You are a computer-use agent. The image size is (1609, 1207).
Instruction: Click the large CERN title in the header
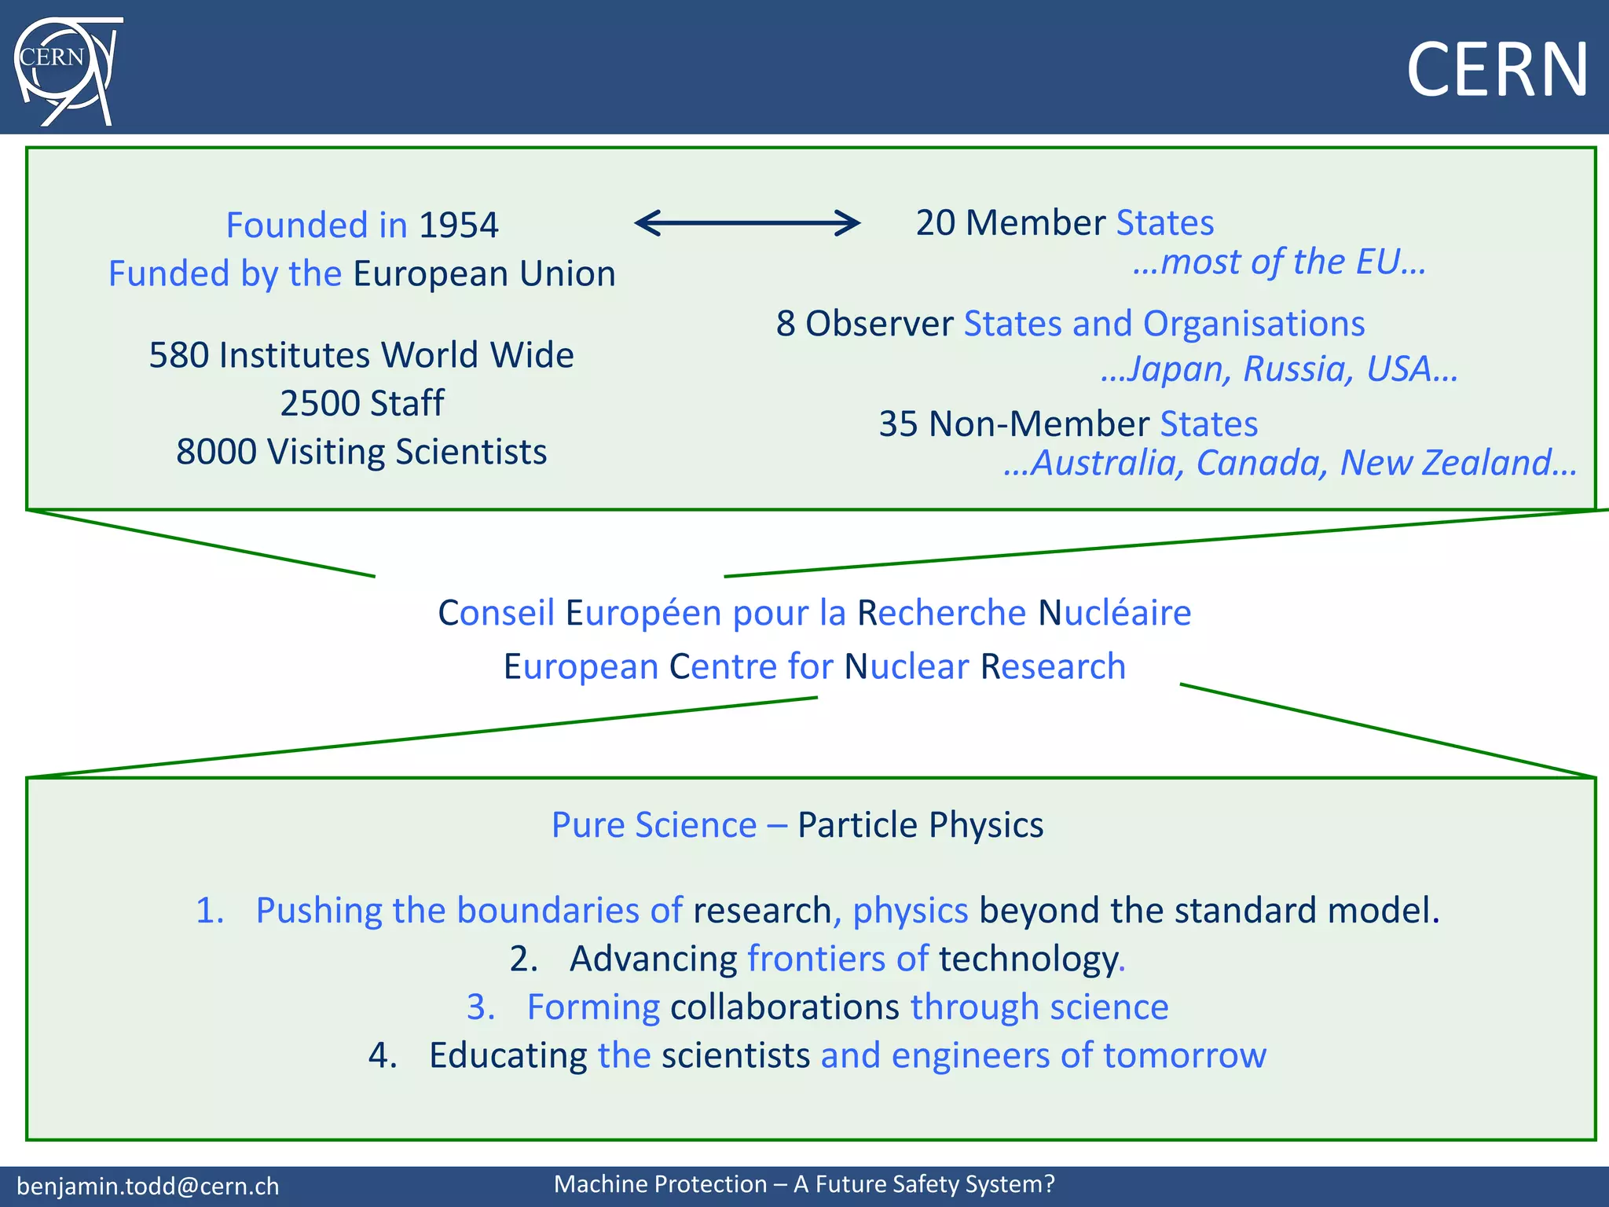tap(1497, 71)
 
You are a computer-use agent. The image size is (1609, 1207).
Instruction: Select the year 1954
tap(459, 226)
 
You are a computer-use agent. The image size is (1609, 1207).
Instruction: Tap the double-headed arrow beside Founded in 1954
tap(747, 223)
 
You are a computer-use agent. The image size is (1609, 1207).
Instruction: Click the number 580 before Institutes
tap(179, 355)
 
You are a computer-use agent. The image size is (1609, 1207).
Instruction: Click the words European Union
tap(484, 274)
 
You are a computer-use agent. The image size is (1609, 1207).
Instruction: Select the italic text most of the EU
tap(1279, 262)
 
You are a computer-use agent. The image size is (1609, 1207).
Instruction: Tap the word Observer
tap(879, 324)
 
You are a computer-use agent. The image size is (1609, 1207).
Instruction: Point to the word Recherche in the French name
tap(941, 613)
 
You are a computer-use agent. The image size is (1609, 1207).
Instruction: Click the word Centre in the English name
tap(723, 667)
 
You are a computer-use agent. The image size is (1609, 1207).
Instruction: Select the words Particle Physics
tap(920, 825)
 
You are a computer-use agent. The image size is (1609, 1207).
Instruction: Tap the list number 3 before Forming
tap(481, 1007)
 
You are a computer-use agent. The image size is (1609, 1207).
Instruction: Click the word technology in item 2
tap(1028, 959)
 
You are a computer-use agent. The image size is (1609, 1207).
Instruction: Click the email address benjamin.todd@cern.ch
tap(148, 1187)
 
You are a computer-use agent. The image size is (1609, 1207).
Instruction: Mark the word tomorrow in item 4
tap(1185, 1055)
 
